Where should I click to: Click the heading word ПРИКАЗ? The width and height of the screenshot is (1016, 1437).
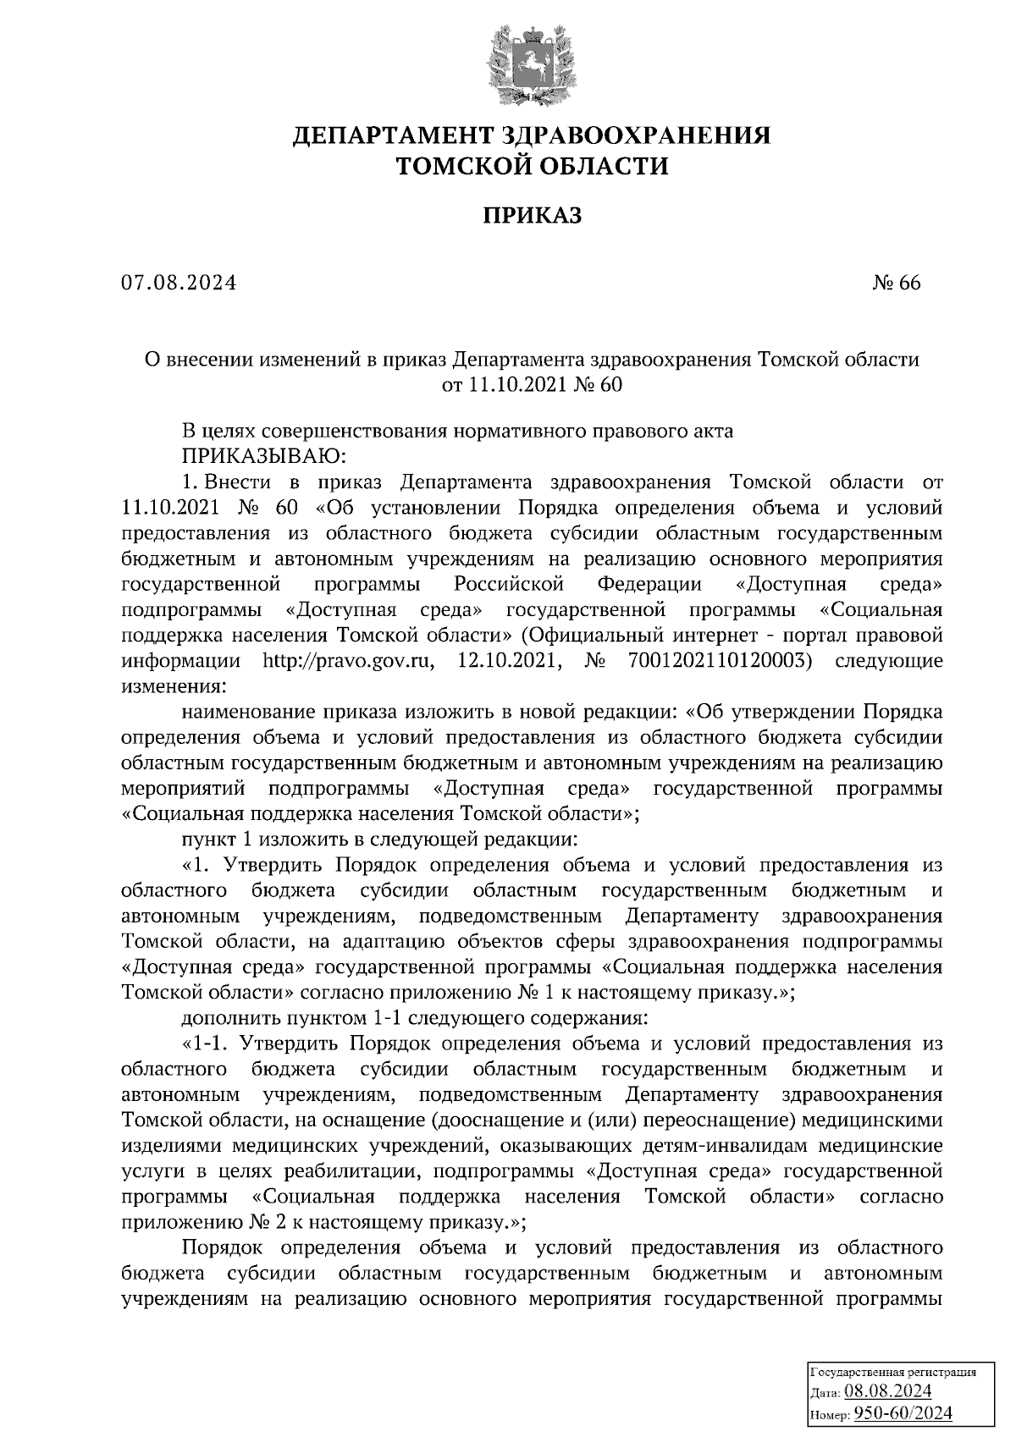[x=532, y=217]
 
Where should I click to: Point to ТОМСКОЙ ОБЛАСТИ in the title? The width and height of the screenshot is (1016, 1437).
[x=533, y=166]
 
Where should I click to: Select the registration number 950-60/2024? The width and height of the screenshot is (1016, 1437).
[x=902, y=1413]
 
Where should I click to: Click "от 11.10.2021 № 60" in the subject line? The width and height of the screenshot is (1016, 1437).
[x=532, y=385]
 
